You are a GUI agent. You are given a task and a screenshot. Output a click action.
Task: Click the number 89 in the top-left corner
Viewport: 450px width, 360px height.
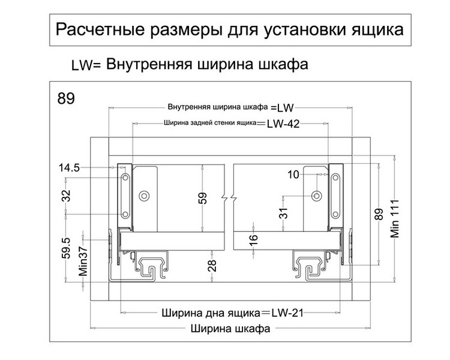click(67, 98)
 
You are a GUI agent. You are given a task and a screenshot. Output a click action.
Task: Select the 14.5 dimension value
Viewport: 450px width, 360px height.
click(70, 168)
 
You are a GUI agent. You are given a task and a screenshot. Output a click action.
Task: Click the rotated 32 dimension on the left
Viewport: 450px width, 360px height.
click(66, 196)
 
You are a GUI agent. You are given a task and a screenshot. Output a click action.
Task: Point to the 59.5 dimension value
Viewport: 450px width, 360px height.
click(66, 246)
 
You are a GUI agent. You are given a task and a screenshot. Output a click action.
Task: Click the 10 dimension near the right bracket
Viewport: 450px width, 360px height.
click(293, 175)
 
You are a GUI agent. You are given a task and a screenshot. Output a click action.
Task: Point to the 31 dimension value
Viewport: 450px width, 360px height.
click(284, 212)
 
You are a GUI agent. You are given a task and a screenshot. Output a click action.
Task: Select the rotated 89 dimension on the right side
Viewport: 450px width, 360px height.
click(378, 214)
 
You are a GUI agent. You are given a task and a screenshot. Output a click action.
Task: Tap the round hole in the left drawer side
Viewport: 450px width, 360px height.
click(144, 196)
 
